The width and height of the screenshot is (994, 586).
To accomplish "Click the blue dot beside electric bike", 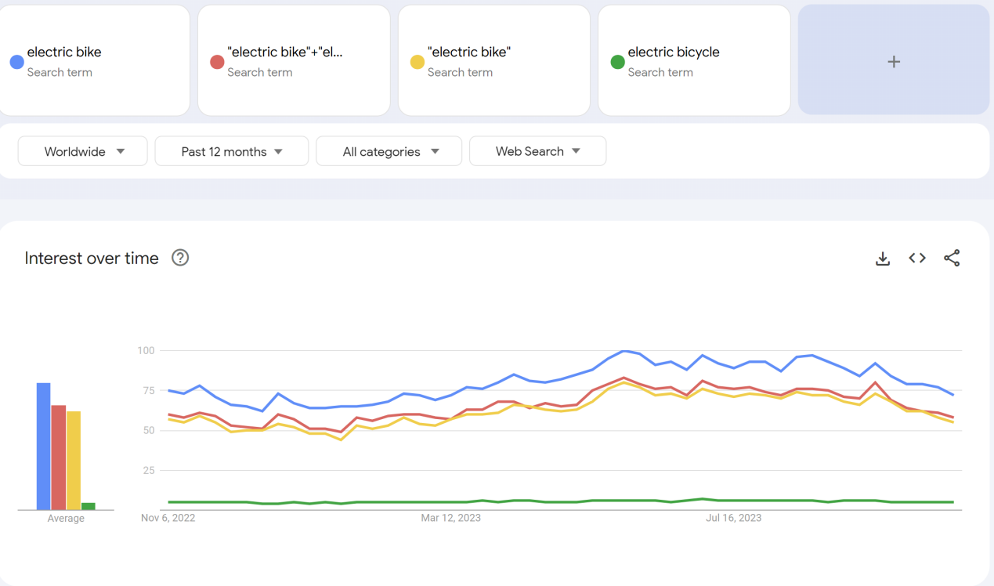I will click(x=16, y=62).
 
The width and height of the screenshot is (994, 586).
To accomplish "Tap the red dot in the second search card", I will click(x=217, y=62).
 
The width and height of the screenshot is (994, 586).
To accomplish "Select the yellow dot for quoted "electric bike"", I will click(x=417, y=62).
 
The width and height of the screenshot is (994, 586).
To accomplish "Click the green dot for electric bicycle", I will click(x=617, y=62).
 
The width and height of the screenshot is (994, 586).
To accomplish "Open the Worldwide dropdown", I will click(x=83, y=151).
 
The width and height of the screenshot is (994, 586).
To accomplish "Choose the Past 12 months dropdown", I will click(x=232, y=151).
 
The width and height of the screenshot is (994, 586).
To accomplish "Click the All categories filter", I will click(x=389, y=151).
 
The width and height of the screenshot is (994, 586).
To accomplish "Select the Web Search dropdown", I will click(x=537, y=151).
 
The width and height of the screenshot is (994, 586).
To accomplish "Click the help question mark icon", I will click(x=180, y=258).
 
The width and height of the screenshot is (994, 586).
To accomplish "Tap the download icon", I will click(x=883, y=259).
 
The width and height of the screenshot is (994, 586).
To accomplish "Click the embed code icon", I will click(x=917, y=258).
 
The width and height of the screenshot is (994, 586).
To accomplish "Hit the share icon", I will click(x=952, y=258).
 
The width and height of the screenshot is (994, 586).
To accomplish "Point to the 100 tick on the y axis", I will click(x=146, y=350).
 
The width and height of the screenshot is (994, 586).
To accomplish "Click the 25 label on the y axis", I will click(x=148, y=470).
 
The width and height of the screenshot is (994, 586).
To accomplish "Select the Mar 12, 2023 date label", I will click(x=450, y=518).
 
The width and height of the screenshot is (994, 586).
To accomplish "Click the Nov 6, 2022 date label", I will click(x=168, y=518).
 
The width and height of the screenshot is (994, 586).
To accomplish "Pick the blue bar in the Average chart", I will click(x=43, y=447).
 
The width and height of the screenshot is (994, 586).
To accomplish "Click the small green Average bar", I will click(x=89, y=506).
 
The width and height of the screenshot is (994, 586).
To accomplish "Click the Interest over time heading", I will click(x=92, y=259).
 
